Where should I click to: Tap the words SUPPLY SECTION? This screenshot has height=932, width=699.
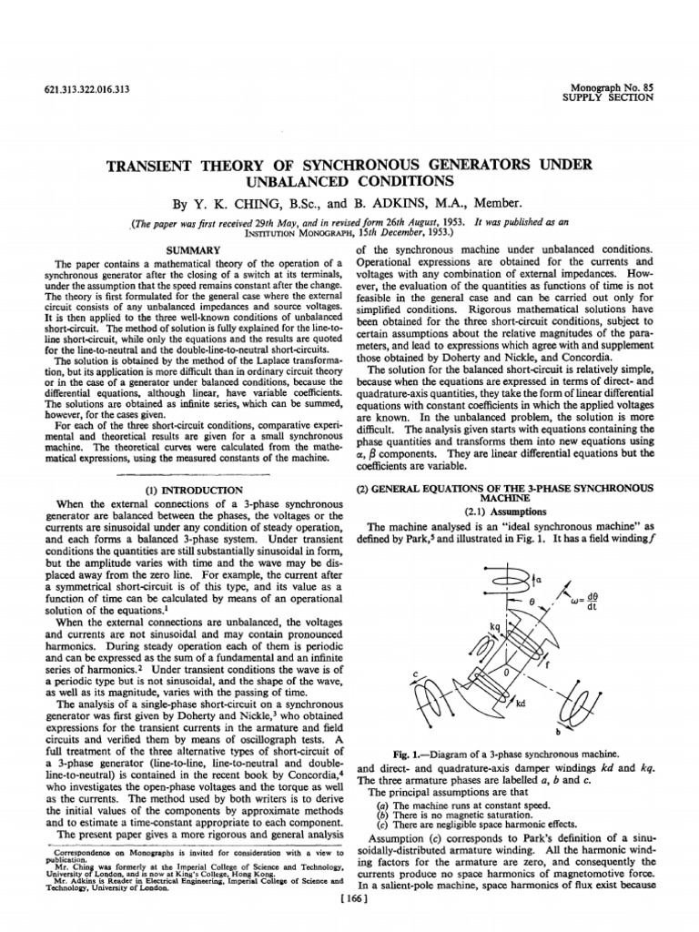609,96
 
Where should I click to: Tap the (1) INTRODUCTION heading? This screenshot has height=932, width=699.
188,489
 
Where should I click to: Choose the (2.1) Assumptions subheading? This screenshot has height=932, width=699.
503,511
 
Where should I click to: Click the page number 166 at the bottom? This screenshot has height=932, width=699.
349,918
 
